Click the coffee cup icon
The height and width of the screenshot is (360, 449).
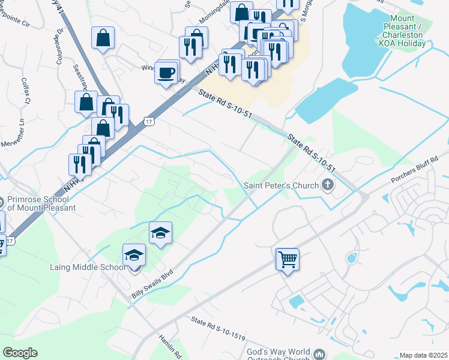(x=166, y=74)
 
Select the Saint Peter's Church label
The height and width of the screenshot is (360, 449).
(x=281, y=185)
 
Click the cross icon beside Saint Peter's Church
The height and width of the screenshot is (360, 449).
(x=328, y=185)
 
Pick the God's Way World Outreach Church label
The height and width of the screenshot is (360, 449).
(x=278, y=355)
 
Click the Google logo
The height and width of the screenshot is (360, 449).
(x=20, y=353)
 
